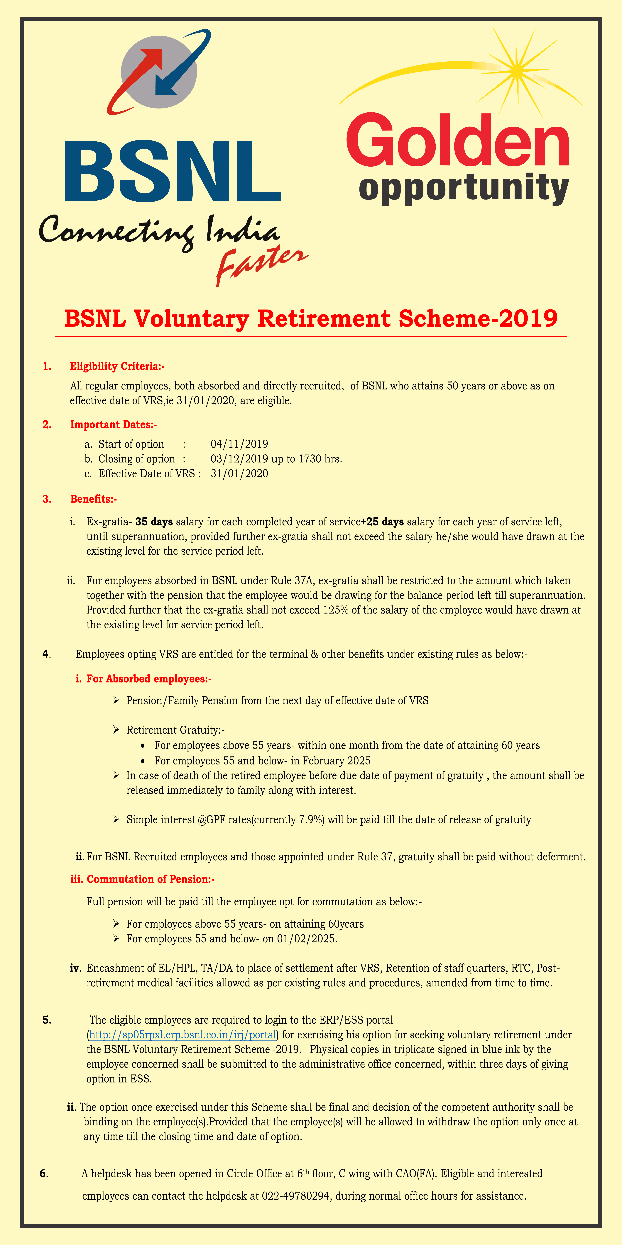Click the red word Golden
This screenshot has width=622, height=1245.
458,140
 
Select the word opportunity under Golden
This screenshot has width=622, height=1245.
464,188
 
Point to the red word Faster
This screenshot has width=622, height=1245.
261,263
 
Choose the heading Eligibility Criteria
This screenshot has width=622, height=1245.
117,366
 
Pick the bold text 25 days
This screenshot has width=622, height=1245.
385,522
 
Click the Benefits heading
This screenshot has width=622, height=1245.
93,499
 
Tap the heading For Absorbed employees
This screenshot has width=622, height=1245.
149,679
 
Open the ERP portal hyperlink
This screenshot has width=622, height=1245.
182,1035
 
